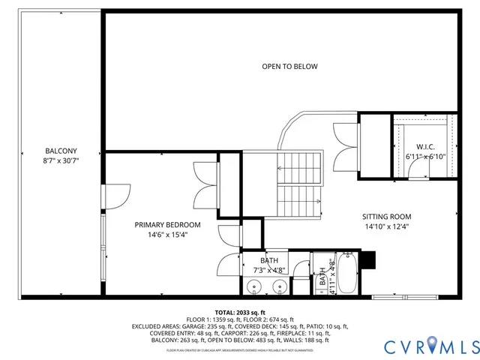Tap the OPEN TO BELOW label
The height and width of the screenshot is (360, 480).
pyautogui.click(x=289, y=67)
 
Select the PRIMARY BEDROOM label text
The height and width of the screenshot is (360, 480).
pyautogui.click(x=167, y=225)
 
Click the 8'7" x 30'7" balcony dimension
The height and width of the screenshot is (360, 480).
pyautogui.click(x=61, y=160)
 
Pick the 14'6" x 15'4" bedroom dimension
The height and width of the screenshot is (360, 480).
pyautogui.click(x=167, y=235)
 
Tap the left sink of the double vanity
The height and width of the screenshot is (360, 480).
pyautogui.click(x=253, y=286)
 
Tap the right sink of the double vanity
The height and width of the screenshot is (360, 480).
pyautogui.click(x=278, y=286)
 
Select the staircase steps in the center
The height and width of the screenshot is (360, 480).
pyautogui.click(x=300, y=184)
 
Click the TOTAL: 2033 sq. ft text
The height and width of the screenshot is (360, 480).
pyautogui.click(x=240, y=312)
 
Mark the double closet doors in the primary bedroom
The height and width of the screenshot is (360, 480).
pyautogui.click(x=205, y=186)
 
